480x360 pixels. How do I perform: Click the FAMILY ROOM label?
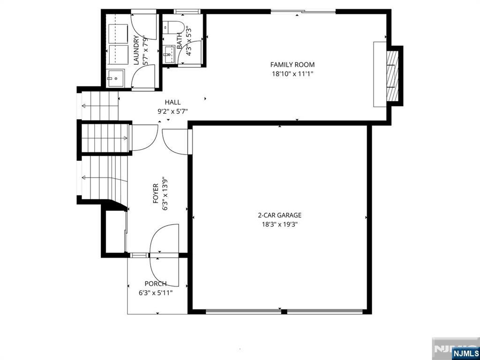292,65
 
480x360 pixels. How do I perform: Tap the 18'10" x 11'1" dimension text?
292,74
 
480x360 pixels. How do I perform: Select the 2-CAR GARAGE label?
279,215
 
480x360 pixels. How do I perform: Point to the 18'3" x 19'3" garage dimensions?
279,225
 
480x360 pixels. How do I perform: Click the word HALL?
172,102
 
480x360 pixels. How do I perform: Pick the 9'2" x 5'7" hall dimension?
172,112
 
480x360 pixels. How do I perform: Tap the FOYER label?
156,194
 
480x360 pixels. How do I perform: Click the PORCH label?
156,284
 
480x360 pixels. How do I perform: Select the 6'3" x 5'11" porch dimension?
156,293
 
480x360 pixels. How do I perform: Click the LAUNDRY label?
136,50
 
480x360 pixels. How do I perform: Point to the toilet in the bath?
173,27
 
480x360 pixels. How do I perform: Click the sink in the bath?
169,54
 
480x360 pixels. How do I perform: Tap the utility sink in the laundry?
116,78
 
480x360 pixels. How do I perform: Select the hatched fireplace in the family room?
393,76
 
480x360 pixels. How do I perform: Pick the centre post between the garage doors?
284,312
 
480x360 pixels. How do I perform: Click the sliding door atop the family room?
303,12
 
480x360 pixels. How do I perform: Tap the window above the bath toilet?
187,12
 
